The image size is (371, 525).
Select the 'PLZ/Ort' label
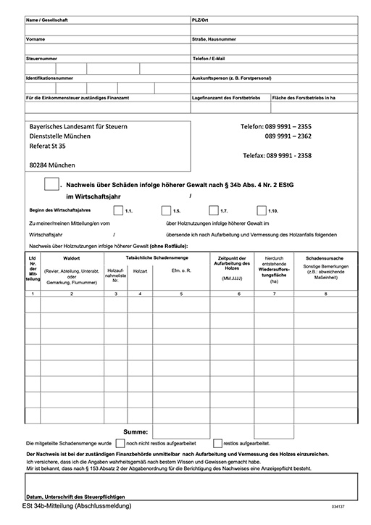pos(201,20)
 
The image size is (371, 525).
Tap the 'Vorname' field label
pos(36,39)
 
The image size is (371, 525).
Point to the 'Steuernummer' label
pos(41,58)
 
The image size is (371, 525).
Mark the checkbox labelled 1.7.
pos(214,210)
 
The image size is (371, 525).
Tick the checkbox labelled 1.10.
pos(261,210)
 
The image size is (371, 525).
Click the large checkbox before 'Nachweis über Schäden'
pos(51,184)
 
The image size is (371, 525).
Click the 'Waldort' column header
pos(71,258)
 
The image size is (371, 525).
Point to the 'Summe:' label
pos(136,431)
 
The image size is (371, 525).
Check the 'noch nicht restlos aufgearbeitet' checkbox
pos(120,442)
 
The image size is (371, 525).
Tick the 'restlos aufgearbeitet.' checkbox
pos(217,442)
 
